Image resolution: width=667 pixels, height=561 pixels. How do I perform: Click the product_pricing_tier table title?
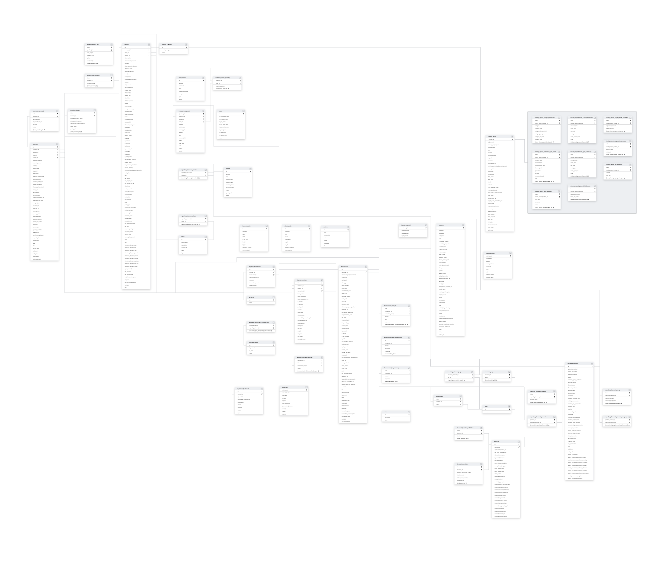click(93, 45)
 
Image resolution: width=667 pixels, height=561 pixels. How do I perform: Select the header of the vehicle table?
click(326, 227)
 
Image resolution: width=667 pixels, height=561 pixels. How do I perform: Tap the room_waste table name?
click(182, 77)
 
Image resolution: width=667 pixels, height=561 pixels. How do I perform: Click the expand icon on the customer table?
click(463, 225)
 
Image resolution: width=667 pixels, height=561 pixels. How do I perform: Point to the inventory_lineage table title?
click(75, 110)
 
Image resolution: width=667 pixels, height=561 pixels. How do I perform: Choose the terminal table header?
click(251, 297)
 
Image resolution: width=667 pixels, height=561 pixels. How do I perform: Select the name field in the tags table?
click(487, 412)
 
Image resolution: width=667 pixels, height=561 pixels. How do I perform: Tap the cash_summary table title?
click(490, 253)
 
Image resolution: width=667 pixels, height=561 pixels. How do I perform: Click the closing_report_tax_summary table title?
click(614, 164)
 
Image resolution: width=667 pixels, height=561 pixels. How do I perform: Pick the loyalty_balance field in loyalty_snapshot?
click(405, 231)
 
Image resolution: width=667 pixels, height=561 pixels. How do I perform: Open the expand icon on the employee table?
click(306, 387)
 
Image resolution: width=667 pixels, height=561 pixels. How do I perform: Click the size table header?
click(386, 412)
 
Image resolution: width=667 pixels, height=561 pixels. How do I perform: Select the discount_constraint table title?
click(462, 464)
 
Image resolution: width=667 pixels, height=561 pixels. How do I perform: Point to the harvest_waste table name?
click(246, 226)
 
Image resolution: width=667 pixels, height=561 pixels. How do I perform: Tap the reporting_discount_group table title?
click(612, 390)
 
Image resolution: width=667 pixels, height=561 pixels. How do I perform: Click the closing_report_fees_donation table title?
click(543, 191)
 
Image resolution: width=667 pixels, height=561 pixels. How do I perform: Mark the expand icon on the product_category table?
click(186, 45)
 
